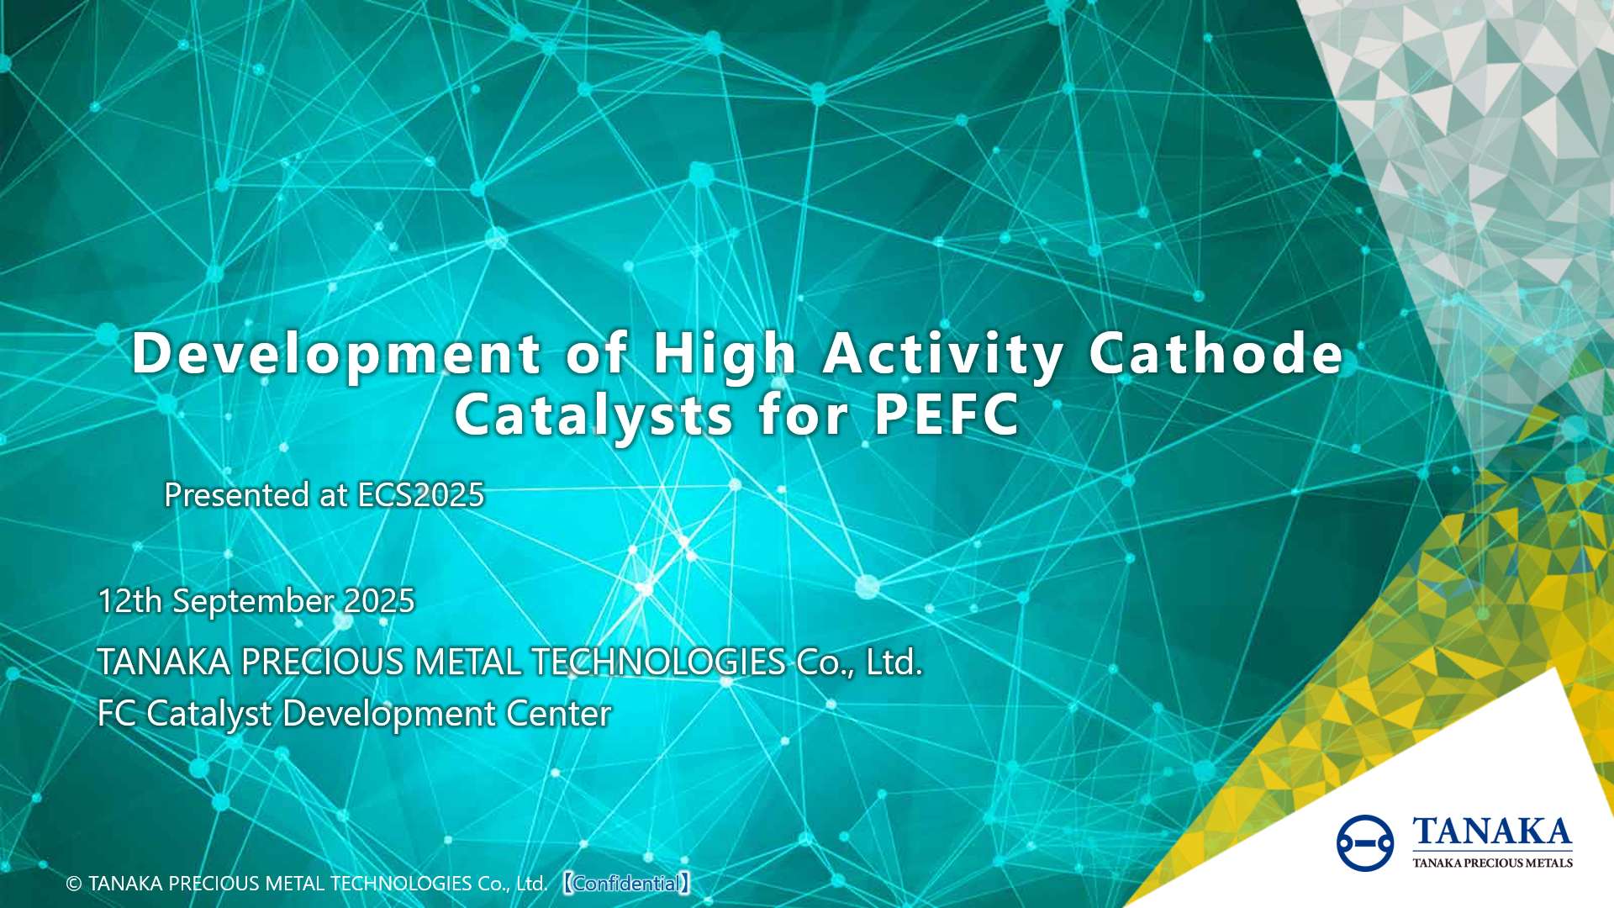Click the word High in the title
(724, 353)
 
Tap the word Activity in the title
(943, 353)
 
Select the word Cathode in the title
(1216, 353)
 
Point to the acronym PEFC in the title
(947, 414)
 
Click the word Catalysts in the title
(593, 415)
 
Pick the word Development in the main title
(336, 353)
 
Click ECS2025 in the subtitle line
(421, 495)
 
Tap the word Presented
(236, 495)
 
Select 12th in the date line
(129, 601)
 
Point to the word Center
(558, 714)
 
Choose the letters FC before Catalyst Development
(117, 714)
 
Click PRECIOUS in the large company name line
(322, 663)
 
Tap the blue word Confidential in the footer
(626, 884)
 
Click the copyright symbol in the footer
(74, 884)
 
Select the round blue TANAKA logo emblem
(1364, 842)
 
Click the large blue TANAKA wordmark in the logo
(1492, 832)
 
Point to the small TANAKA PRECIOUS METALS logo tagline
(1492, 863)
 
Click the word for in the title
(803, 414)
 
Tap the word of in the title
(596, 353)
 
